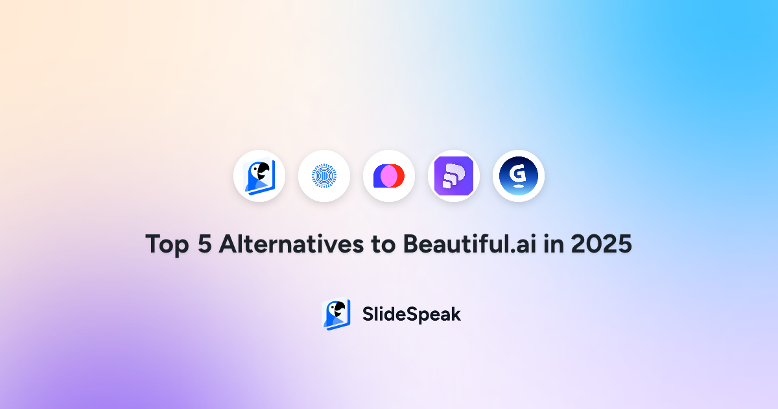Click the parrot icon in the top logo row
click(x=259, y=176)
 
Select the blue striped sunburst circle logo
click(x=324, y=176)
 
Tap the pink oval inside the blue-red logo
click(x=389, y=176)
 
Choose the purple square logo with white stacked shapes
click(x=454, y=176)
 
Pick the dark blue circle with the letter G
click(x=519, y=176)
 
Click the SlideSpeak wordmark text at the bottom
click(x=411, y=314)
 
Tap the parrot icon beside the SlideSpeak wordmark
click(x=336, y=314)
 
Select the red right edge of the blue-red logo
click(x=401, y=176)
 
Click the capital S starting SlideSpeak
click(x=368, y=314)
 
